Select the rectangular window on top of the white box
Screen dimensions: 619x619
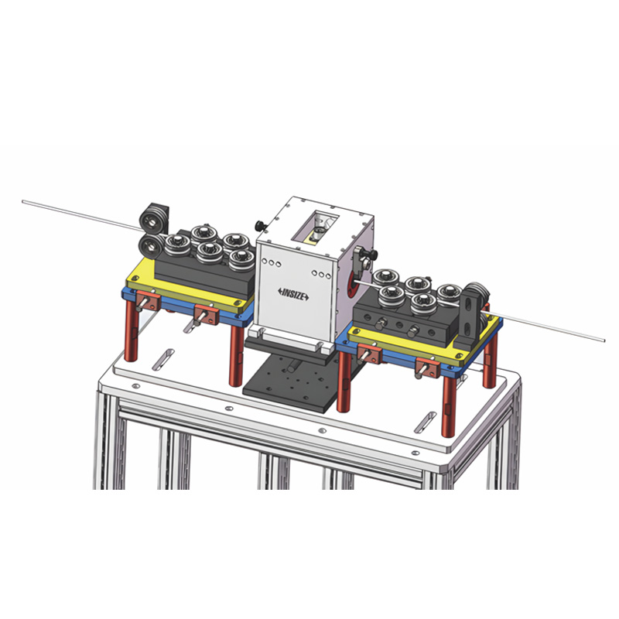[315, 224]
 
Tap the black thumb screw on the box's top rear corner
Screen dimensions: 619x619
[260, 226]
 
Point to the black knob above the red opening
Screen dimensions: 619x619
[364, 256]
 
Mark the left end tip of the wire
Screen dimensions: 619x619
[24, 203]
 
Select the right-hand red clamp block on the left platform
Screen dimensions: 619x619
[207, 314]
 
